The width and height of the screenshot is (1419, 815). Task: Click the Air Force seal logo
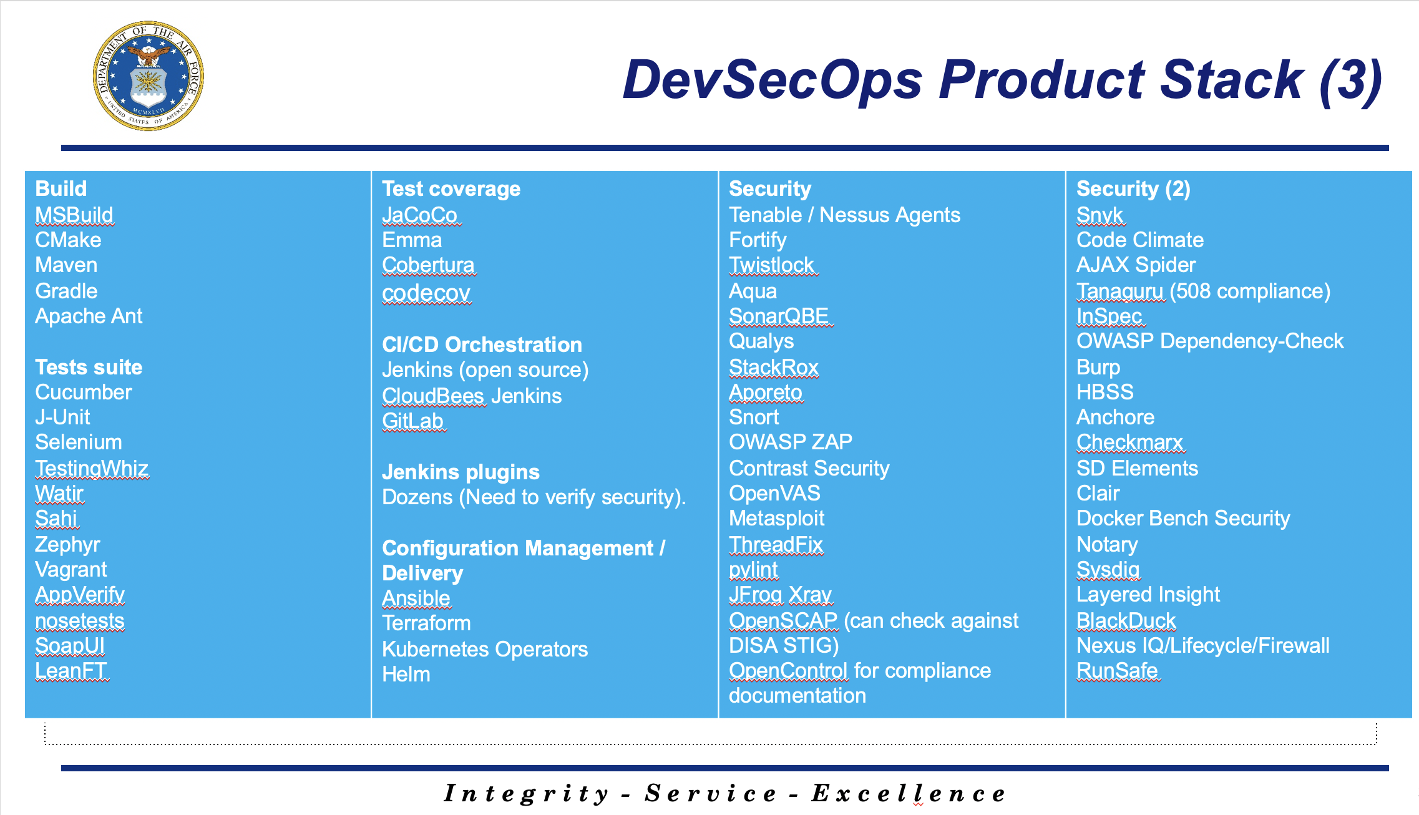coord(149,76)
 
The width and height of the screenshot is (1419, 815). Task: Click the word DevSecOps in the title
coord(773,80)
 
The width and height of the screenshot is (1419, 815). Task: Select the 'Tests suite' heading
coord(89,367)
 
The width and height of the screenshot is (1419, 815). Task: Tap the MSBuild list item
coord(74,215)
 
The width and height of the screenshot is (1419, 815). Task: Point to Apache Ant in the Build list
coord(89,316)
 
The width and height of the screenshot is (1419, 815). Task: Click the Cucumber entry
coord(84,393)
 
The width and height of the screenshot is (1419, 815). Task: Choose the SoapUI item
coord(70,645)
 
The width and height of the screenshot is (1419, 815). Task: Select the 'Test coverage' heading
coord(451,189)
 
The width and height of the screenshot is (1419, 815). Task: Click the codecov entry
coord(426,293)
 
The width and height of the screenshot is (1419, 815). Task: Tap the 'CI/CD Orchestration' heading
coord(482,344)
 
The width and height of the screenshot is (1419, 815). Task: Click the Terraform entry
coord(426,623)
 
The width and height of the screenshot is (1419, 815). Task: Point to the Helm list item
coord(406,675)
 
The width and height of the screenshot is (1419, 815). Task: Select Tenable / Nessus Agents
coord(845,215)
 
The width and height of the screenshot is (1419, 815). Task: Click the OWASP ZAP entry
coord(791,442)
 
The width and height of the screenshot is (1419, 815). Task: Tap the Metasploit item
coord(777,519)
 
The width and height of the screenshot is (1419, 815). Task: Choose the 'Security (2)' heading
coord(1133,189)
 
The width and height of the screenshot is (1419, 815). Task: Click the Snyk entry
coord(1100,215)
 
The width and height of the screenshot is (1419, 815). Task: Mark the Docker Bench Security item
coord(1183,519)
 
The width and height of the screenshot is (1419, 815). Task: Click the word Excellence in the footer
coord(909,794)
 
